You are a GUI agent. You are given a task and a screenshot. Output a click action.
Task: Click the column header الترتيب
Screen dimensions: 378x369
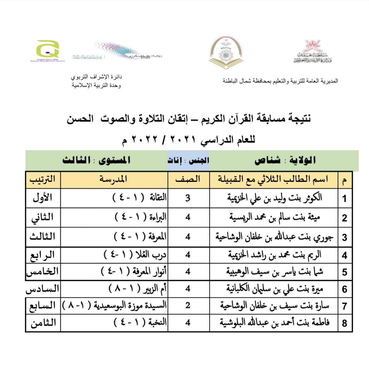(43, 180)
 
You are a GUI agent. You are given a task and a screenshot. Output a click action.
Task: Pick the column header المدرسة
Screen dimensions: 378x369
(113, 180)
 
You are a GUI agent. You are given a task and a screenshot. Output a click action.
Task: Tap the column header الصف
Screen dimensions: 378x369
(188, 180)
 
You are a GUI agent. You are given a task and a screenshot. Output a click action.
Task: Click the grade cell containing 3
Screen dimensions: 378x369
(188, 198)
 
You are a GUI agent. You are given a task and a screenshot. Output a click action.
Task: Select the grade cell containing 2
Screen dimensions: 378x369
(188, 305)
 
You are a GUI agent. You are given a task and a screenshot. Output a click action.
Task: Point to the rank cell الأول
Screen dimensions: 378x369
(43, 198)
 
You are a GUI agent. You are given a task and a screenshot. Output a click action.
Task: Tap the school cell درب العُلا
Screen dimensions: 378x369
(135, 255)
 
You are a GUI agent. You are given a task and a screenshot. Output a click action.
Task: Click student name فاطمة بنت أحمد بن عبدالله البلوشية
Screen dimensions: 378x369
(275, 323)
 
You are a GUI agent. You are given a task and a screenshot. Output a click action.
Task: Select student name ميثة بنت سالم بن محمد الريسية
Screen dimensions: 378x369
(275, 217)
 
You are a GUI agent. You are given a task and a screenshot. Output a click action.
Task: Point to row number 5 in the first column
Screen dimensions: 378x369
(344, 272)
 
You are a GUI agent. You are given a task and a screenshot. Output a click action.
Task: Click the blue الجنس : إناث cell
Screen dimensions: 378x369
(188, 160)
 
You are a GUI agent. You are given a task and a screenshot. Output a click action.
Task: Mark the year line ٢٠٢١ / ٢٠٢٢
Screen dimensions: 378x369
(188, 140)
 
